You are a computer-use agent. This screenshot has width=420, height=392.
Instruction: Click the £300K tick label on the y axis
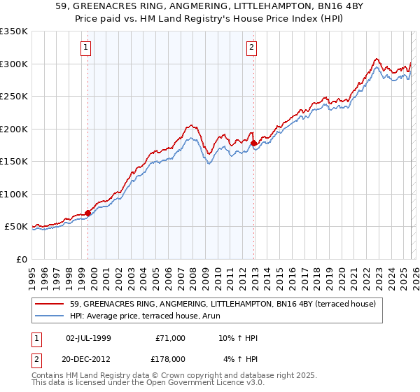(14, 64)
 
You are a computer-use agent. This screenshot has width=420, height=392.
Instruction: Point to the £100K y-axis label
(14, 194)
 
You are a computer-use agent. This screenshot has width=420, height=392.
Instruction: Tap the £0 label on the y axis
(22, 259)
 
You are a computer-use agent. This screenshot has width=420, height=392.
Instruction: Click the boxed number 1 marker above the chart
(85, 48)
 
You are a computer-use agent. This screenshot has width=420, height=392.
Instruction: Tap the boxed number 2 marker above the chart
(251, 48)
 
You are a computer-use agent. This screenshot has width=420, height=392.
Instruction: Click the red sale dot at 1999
(87, 213)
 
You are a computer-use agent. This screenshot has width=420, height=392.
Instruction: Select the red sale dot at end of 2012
(254, 143)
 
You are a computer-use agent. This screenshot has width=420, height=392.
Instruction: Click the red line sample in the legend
(50, 304)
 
